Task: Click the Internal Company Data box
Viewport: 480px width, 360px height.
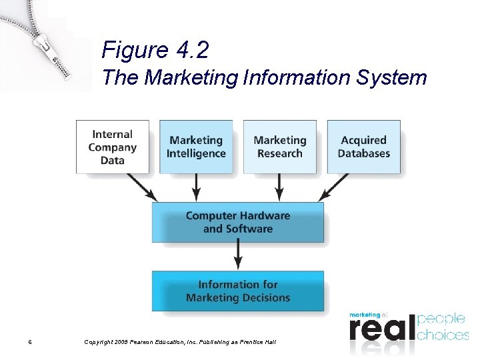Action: (113, 147)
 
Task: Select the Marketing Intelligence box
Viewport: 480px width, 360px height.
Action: (196, 147)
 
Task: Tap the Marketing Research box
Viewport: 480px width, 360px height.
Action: (279, 147)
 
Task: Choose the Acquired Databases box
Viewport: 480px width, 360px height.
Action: (363, 147)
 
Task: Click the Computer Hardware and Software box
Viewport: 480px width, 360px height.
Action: (238, 222)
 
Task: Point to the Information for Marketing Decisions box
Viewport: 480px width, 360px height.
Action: (238, 291)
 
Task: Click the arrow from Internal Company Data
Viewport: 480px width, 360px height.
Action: (141, 187)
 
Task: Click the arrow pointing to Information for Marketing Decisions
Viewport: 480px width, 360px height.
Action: (238, 255)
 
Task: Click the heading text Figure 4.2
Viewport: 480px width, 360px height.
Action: (155, 50)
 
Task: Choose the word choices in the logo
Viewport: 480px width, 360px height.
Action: (442, 334)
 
